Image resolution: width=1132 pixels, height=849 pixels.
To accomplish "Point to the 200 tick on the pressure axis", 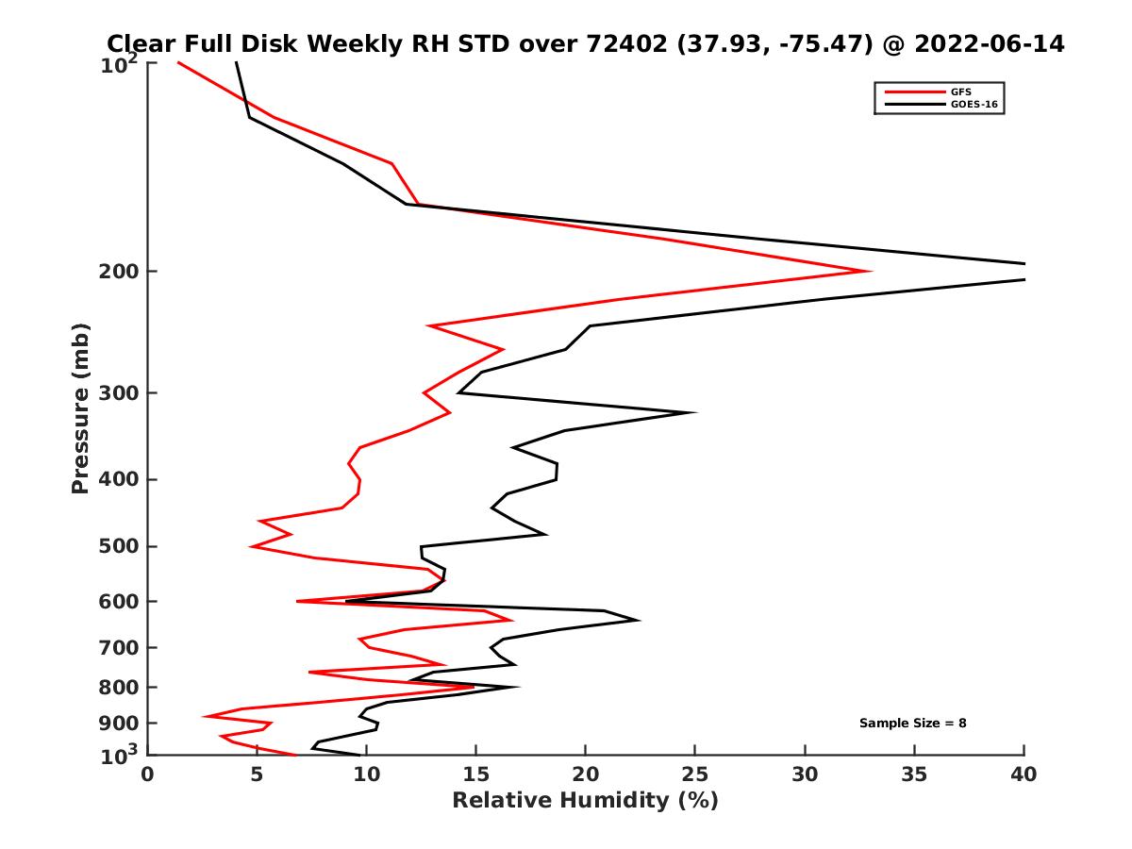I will pyautogui.click(x=121, y=272).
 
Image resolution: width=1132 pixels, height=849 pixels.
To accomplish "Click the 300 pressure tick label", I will pyautogui.click(x=121, y=392).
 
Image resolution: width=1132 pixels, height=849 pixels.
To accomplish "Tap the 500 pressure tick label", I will pyautogui.click(x=121, y=546).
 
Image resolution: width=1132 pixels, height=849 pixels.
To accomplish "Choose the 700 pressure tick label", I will pyautogui.click(x=121, y=647).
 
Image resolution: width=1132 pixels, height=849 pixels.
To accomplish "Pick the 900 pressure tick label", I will pyautogui.click(x=121, y=724).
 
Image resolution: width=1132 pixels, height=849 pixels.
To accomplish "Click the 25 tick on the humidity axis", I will pyautogui.click(x=695, y=774).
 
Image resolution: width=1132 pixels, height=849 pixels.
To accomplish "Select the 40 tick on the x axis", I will pyautogui.click(x=1024, y=774).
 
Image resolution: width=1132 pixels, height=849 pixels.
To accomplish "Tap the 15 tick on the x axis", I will pyautogui.click(x=475, y=774).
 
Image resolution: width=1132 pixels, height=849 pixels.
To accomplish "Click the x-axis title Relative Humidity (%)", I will pyautogui.click(x=585, y=801).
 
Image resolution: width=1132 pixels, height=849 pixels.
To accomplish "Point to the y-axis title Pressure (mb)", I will pyautogui.click(x=80, y=408).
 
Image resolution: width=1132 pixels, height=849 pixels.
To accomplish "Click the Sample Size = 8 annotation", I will pyautogui.click(x=912, y=723).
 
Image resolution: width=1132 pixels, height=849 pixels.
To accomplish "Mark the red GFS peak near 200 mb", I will pyautogui.click(x=869, y=272).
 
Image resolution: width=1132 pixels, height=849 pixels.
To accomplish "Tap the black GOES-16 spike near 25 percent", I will pyautogui.click(x=695, y=412).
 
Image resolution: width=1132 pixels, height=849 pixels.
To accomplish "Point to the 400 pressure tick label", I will pyautogui.click(x=121, y=479).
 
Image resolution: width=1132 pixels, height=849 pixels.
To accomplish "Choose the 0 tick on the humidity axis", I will pyautogui.click(x=148, y=774).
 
